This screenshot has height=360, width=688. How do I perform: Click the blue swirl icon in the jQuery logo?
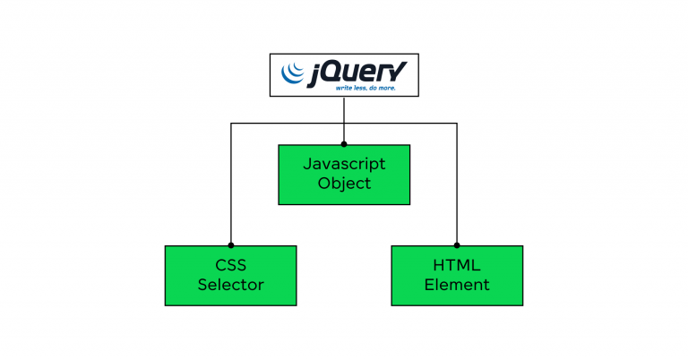tap(293, 73)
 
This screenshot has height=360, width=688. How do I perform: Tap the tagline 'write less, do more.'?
tap(365, 89)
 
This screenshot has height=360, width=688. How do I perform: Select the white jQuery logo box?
tap(344, 74)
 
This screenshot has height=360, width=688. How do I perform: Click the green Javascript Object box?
tap(344, 175)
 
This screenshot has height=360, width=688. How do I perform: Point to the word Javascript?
tap(344, 165)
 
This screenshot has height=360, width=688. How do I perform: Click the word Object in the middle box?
tap(344, 184)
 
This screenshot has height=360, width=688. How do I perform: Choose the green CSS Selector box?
tap(231, 276)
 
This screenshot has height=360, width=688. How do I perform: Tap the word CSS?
tap(231, 266)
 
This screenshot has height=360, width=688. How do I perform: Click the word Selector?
tap(231, 285)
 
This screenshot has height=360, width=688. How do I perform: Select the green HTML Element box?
tap(457, 276)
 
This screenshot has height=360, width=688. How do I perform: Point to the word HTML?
tap(457, 266)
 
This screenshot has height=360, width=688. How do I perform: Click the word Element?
tap(457, 285)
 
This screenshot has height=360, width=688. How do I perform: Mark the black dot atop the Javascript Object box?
tap(344, 144)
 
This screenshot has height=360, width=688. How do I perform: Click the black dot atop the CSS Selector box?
tap(231, 244)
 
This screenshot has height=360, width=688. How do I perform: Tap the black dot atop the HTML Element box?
tap(457, 244)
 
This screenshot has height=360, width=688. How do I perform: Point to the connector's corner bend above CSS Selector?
tap(231, 124)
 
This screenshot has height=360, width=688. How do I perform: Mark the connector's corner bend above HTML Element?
tap(457, 124)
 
